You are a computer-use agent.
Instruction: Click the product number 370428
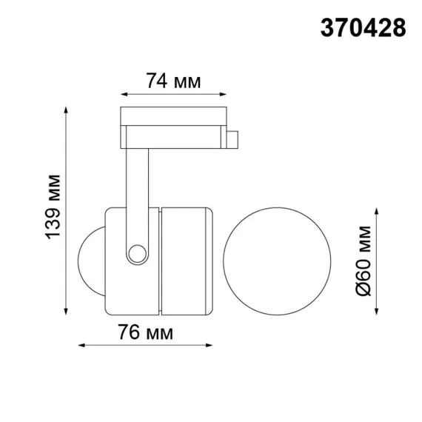(363, 27)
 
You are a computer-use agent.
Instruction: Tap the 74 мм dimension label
(173, 81)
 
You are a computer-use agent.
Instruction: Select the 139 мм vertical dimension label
(53, 207)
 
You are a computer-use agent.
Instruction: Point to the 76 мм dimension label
(145, 333)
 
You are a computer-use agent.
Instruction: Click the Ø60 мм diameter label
(362, 259)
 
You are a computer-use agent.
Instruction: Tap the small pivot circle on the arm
(136, 253)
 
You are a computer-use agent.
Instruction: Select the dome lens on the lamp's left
(91, 258)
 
